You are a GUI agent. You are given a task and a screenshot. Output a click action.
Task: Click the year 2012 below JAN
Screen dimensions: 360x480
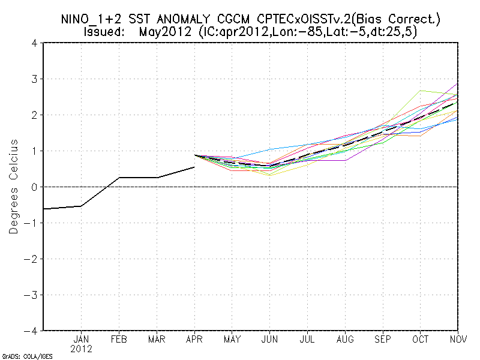81,349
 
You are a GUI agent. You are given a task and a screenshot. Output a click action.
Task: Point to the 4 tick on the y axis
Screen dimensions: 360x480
35,43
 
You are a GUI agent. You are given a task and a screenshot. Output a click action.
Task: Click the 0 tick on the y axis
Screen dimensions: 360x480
35,187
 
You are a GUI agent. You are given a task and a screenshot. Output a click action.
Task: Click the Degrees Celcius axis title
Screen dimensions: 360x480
14,187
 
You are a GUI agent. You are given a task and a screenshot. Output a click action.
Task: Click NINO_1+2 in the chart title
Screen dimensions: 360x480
91,19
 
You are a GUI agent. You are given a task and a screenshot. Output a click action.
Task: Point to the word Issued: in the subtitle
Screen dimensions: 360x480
104,31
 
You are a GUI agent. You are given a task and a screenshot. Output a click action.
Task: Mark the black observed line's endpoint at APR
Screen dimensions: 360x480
194,167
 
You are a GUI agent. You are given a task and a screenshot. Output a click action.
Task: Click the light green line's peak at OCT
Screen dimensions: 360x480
421,91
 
